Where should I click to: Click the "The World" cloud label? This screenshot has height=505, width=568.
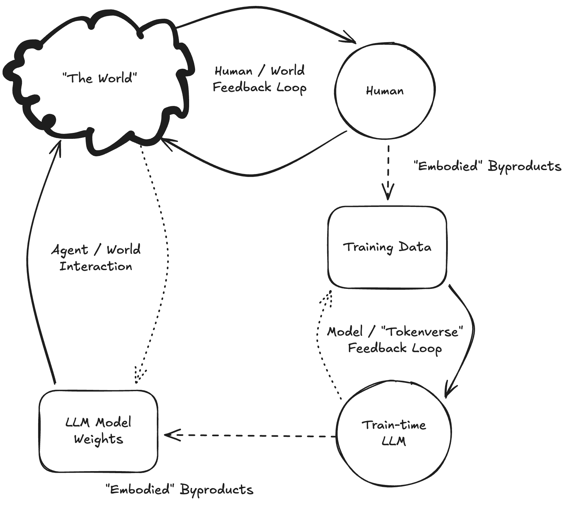[99, 78]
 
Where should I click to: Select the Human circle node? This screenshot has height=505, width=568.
[385, 91]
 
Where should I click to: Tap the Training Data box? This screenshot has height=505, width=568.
[387, 247]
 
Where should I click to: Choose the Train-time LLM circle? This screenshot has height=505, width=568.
[394, 433]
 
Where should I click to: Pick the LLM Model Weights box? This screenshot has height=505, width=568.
[98, 431]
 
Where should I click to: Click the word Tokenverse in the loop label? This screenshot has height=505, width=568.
[422, 332]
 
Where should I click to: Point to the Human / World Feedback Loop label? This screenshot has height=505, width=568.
[260, 79]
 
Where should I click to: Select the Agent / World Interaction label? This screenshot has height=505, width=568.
[96, 258]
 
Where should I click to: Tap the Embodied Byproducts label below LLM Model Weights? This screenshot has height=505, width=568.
[180, 490]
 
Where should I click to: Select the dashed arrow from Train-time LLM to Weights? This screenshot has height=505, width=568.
[250, 436]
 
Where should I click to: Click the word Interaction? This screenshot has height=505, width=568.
[96, 266]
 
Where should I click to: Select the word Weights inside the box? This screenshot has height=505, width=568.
[99, 439]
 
